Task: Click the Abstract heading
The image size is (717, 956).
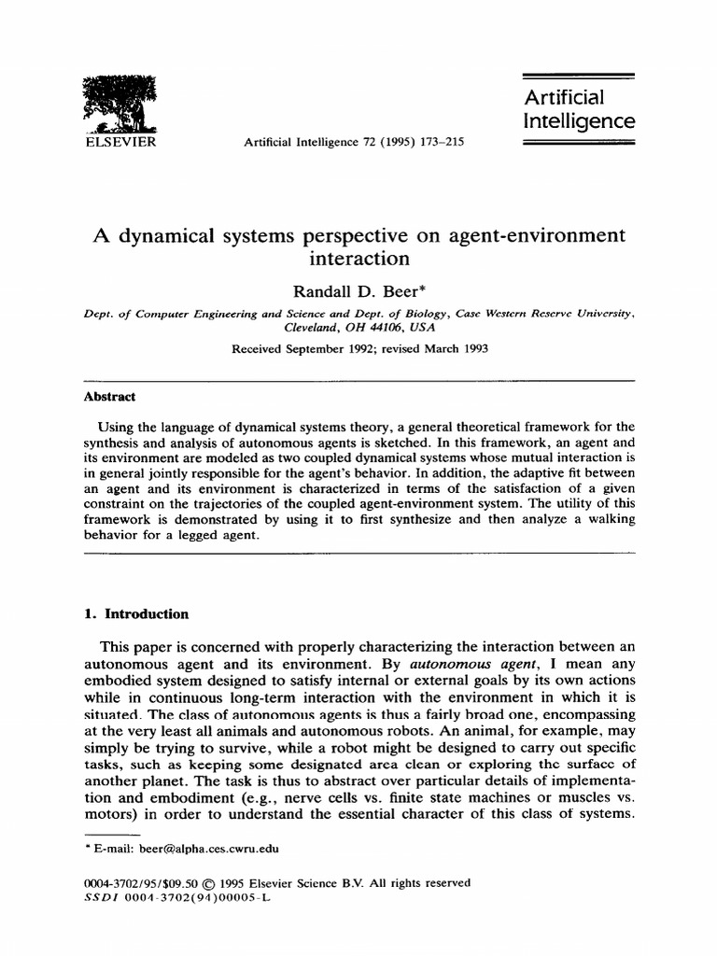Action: [109, 396]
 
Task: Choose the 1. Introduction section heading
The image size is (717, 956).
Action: [136, 614]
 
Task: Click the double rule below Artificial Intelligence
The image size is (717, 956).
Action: [575, 144]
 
